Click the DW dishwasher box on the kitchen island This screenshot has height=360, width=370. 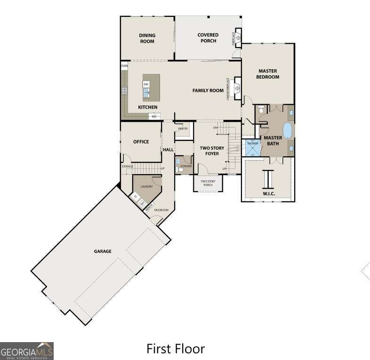(146, 84)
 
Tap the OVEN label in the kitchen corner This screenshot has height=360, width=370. (124, 66)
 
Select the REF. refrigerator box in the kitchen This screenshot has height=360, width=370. (154, 116)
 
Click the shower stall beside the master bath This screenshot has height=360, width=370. (252, 148)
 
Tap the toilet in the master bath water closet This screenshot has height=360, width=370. (262, 110)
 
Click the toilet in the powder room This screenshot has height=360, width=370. (178, 161)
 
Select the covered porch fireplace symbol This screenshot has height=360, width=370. (238, 37)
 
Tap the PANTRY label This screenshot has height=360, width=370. (183, 128)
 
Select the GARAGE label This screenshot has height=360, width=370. (103, 251)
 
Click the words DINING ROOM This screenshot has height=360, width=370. (147, 38)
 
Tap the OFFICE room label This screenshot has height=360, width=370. (141, 142)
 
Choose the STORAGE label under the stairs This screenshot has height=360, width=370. (127, 167)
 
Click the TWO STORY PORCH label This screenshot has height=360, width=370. (208, 183)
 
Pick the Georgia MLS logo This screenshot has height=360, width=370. (27, 351)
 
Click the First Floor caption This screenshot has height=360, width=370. (176, 349)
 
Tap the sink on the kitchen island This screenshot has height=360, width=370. (146, 94)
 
